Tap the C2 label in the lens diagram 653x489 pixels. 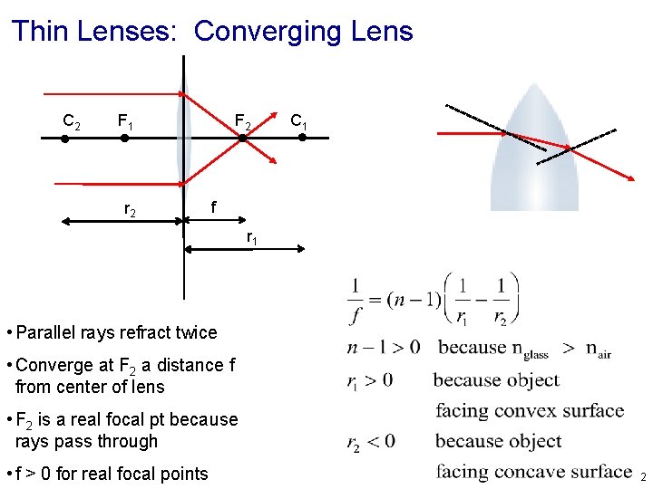pyautogui.click(x=71, y=120)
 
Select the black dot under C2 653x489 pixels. pyautogui.click(x=64, y=139)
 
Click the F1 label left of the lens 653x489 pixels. pyautogui.click(x=125, y=120)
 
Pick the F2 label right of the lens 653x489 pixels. pyautogui.click(x=243, y=120)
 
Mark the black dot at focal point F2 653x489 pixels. pyautogui.click(x=243, y=138)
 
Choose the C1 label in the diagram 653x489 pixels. pyautogui.click(x=298, y=120)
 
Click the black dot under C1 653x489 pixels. pyautogui.click(x=303, y=138)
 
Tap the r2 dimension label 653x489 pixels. pyautogui.click(x=130, y=210)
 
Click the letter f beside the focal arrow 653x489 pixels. pyautogui.click(x=212, y=206)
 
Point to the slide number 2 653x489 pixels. pyautogui.click(x=643, y=476)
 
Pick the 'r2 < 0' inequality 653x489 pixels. pyautogui.click(x=371, y=442)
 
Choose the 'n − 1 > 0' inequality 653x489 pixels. pyautogui.click(x=384, y=347)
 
